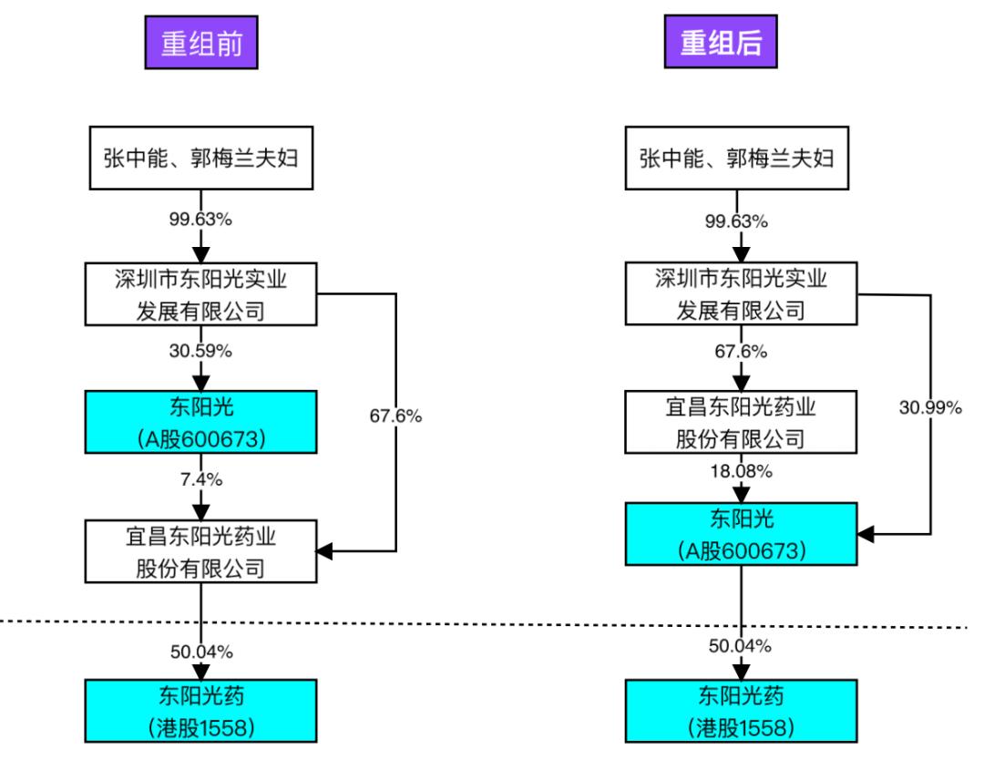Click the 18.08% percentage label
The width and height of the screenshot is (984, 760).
tap(741, 470)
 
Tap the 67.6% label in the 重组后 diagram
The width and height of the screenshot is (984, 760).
tap(741, 351)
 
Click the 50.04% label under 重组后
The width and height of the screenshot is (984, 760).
tap(741, 646)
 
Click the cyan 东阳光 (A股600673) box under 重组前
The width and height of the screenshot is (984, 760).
tap(200, 422)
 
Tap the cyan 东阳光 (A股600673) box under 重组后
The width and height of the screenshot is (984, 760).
tap(741, 534)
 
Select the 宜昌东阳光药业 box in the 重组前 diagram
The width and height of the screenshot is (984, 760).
tap(200, 551)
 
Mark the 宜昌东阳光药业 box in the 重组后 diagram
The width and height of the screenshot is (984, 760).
tap(741, 422)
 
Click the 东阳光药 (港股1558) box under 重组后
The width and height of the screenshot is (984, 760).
tap(741, 713)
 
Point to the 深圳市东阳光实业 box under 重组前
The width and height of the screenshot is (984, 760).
tap(200, 293)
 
